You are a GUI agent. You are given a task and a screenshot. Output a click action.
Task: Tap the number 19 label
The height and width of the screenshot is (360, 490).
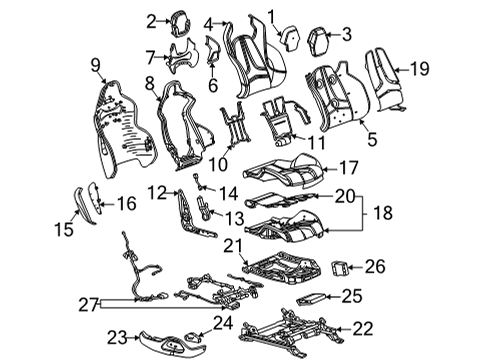(x=421, y=68)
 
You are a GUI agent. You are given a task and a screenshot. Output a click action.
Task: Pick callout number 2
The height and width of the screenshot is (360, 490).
(x=151, y=20)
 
